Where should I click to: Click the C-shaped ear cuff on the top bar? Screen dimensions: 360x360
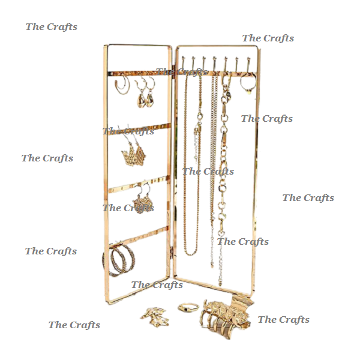coord(122,86)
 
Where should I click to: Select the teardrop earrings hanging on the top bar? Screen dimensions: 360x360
coord(145,96)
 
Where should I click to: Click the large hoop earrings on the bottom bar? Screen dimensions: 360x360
coord(119,259)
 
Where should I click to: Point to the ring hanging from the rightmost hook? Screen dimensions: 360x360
coord(247,83)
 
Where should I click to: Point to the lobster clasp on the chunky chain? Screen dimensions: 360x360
coord(226,95)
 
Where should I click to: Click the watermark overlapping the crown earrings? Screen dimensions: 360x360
coord(128,131)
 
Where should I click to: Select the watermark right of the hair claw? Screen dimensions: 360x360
coord(284,319)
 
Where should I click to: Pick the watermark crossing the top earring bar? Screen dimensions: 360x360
coord(181,72)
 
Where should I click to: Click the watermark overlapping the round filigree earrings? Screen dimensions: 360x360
coord(128,208)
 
